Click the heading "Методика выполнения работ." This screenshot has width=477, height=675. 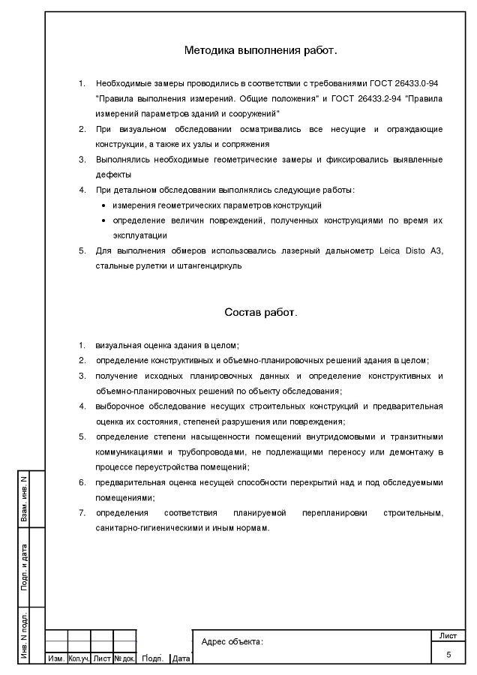click(261, 51)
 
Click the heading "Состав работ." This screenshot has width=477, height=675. click(261, 312)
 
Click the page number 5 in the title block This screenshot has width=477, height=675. click(448, 655)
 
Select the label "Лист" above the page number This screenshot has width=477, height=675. click(448, 635)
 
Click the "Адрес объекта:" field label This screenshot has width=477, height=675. click(232, 641)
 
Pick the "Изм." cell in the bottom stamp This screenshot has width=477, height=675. click(56, 658)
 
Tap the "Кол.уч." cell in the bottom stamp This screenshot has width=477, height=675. click(79, 658)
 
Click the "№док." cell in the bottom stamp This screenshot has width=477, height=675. click(124, 658)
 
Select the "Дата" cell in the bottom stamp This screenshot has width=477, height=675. click(181, 658)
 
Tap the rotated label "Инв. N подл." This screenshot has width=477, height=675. click(25, 637)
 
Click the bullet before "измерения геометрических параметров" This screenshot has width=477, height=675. click(103, 205)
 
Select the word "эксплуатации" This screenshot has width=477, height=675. click(139, 235)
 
